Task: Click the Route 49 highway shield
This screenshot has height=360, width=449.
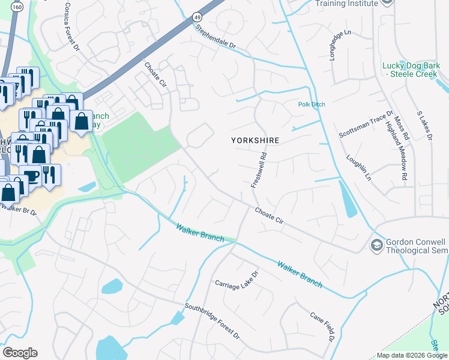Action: coord(197,17)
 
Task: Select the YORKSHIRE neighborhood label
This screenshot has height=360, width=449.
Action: coord(256,140)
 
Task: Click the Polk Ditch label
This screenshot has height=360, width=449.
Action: coord(312,104)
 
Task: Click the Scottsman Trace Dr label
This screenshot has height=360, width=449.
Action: coord(366,125)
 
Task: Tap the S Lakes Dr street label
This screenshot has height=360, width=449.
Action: coord(424,127)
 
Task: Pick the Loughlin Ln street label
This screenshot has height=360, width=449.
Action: coord(358,169)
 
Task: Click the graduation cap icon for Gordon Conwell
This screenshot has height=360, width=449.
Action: coord(376,245)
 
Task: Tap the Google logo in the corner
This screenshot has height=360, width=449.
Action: coord(20,353)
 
